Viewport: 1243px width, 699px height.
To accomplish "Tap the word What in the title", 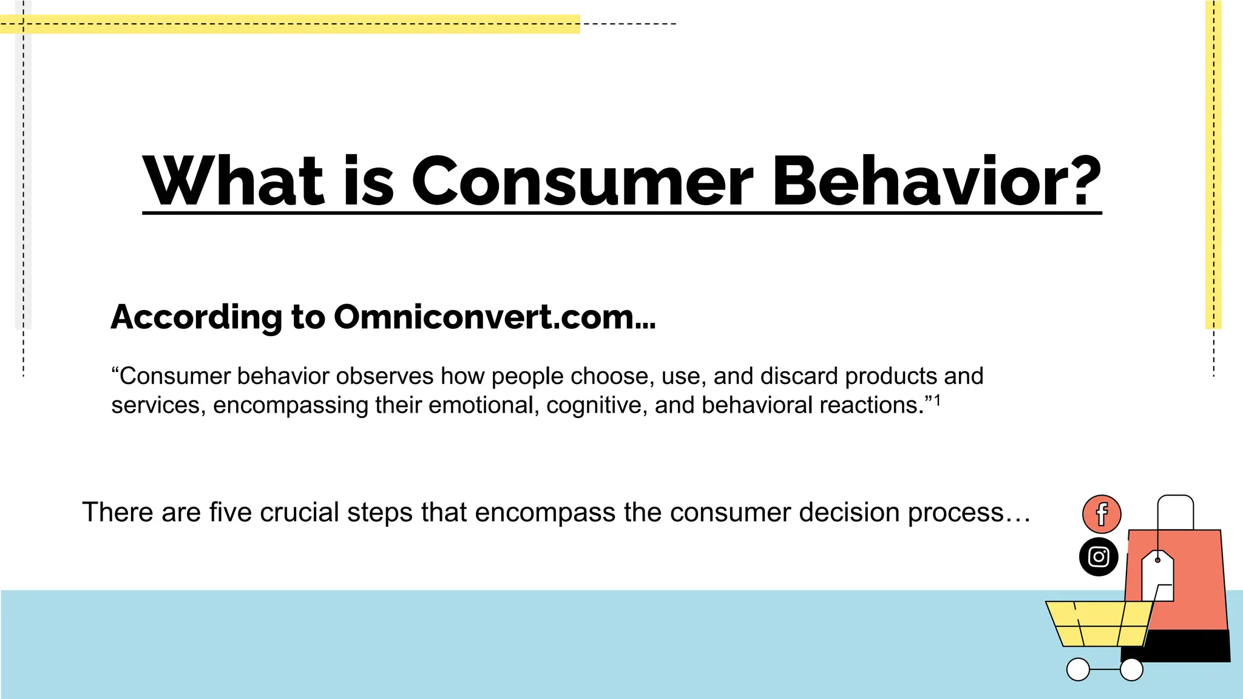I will coord(233,181).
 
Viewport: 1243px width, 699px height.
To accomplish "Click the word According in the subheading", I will coord(196,317).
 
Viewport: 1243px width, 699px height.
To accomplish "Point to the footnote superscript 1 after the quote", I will coord(937,400).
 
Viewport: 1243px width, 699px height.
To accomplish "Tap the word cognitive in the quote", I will coord(596,405).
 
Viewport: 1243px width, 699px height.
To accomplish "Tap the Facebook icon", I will coord(1101,514).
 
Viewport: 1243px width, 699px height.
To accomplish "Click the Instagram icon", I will coord(1099,556).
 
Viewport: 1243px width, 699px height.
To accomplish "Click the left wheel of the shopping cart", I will coord(1078,669).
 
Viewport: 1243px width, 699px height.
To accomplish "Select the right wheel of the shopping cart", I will coord(1131,669).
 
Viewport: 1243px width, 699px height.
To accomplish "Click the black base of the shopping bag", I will coord(1190,646).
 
